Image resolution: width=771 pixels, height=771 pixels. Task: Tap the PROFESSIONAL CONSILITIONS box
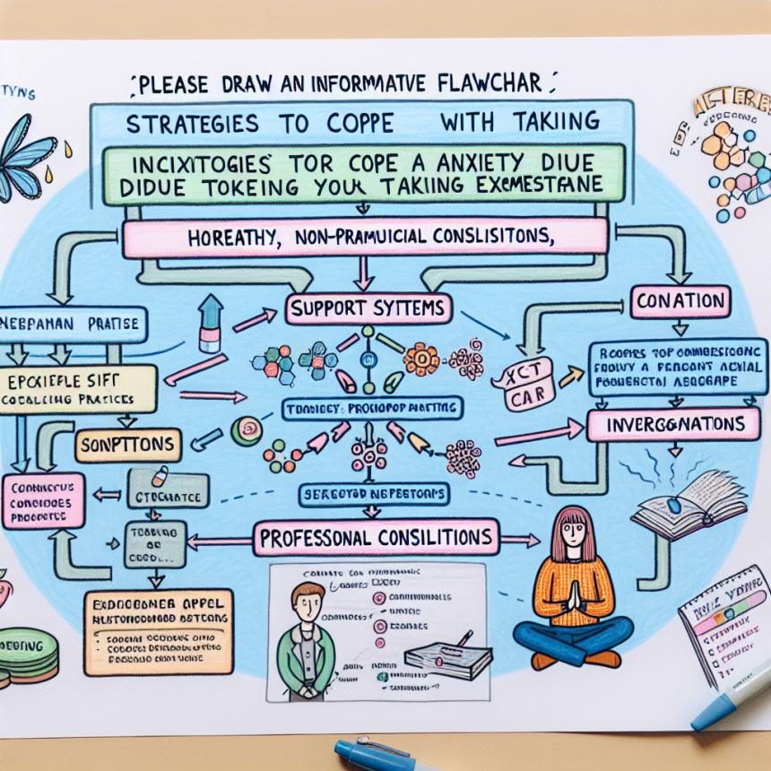(377, 538)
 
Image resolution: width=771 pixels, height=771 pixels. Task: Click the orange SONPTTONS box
(128, 445)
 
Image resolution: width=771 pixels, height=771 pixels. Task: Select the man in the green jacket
(308, 637)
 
